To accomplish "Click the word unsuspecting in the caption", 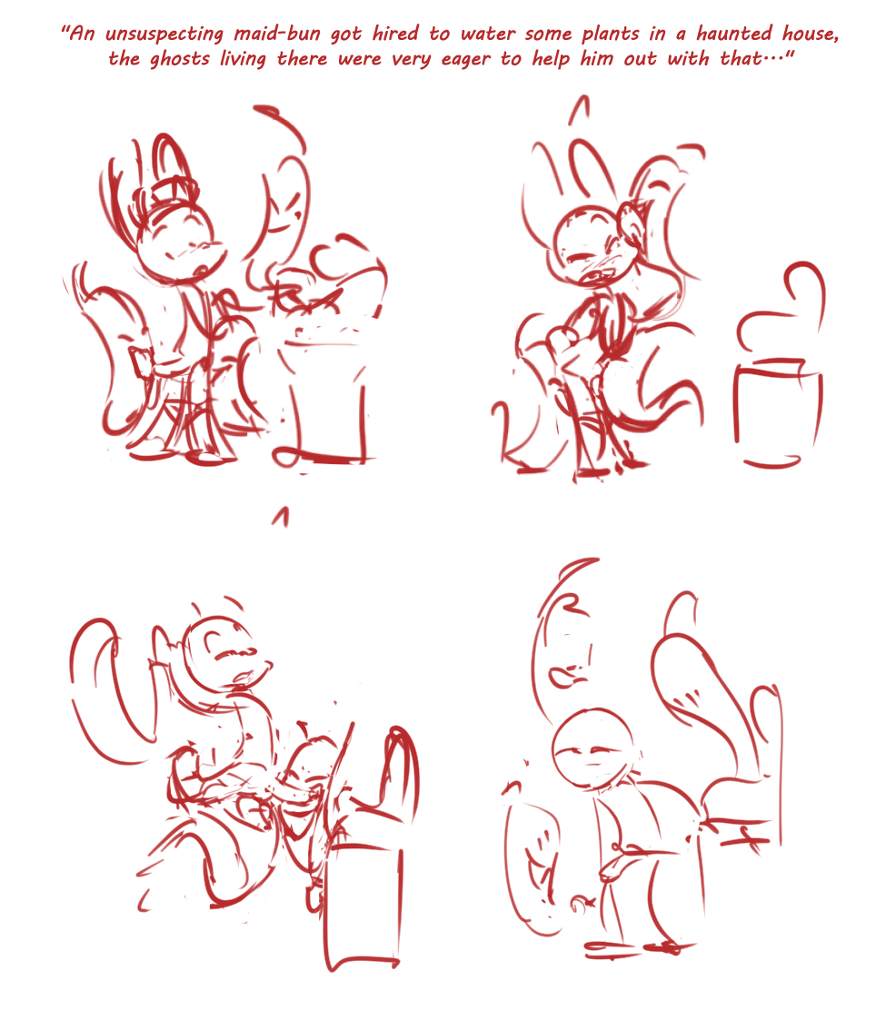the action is [x=164, y=35].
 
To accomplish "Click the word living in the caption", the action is [x=243, y=59].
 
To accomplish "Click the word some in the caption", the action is [x=549, y=34].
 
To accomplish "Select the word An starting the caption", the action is [x=83, y=34].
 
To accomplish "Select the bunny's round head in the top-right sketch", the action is [x=588, y=244].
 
